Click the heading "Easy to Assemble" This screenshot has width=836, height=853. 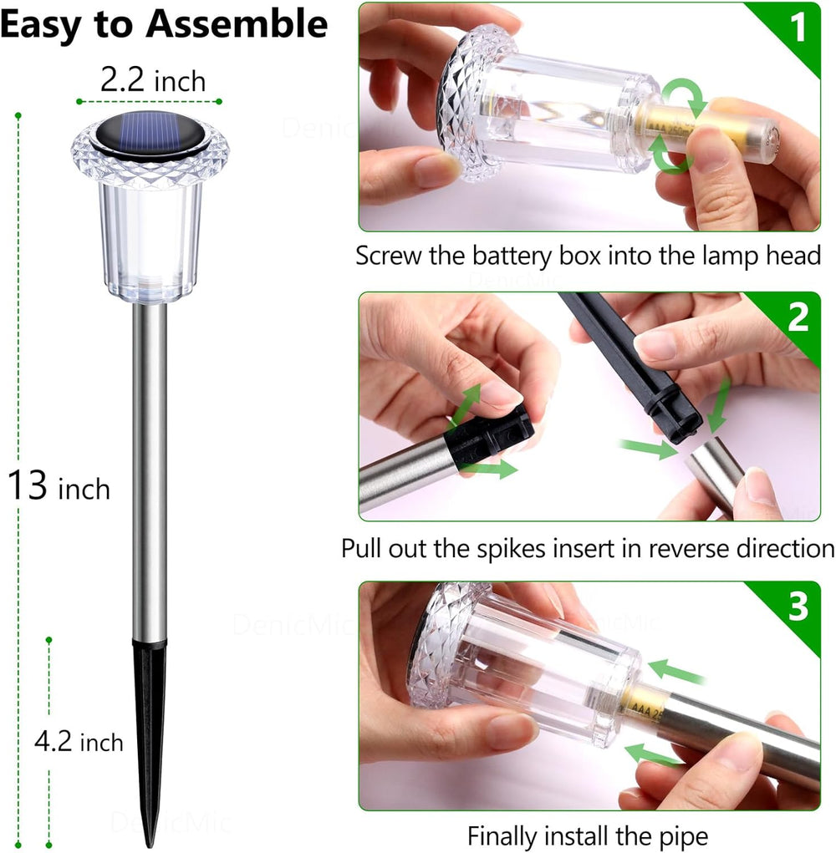point(163,25)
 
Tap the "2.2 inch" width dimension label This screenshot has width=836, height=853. point(152,81)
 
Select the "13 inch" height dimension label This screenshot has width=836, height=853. point(59,486)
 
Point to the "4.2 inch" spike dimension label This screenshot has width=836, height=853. point(79,742)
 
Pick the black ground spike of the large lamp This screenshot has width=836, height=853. point(150,735)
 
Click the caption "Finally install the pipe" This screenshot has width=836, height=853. point(587,835)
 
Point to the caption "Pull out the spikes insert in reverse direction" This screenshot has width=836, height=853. point(588,549)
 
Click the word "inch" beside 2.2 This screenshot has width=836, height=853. point(179,82)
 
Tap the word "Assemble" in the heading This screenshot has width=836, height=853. point(237,25)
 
